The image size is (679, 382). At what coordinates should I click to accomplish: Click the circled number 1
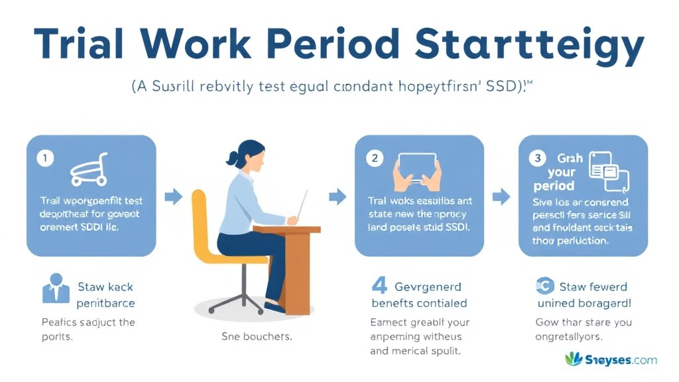point(44,159)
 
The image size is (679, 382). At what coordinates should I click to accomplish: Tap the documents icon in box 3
point(608,169)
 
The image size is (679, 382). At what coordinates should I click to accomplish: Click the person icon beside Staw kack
point(56,290)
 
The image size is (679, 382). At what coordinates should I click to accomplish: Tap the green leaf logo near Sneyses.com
point(574,359)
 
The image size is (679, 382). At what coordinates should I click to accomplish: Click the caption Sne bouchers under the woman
point(257,336)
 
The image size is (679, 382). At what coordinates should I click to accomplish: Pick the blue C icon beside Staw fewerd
point(544,287)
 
